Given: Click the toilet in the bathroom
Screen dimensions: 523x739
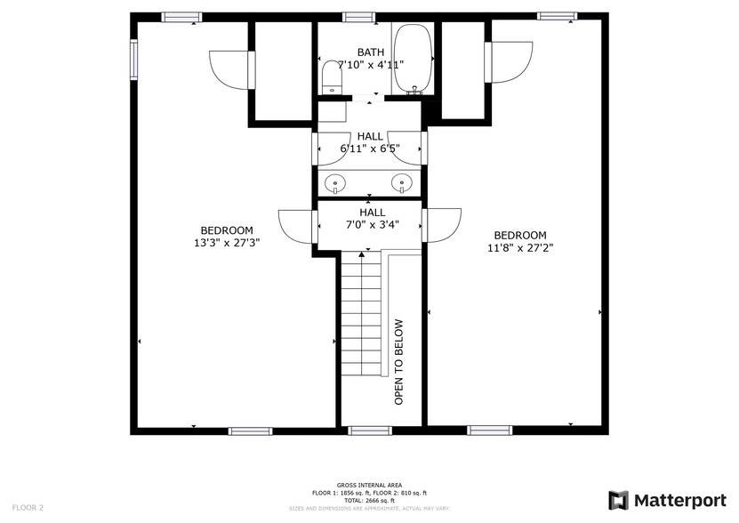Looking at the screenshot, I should [x=332, y=76].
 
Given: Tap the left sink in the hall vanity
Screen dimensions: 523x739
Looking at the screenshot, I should [x=336, y=183].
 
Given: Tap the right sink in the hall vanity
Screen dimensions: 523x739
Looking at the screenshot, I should [x=402, y=183].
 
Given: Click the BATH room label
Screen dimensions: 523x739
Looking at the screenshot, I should [x=371, y=52].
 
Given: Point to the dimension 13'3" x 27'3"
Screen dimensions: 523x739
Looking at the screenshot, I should [x=227, y=242].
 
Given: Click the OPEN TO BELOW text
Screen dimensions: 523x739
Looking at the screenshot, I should [x=399, y=362].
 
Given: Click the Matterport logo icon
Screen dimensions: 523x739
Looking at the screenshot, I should [x=618, y=500].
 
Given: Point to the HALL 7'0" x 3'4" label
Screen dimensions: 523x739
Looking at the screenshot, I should [x=372, y=219].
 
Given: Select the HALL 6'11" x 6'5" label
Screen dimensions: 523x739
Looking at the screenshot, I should [x=370, y=142].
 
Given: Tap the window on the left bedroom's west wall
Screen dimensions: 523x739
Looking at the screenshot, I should [x=134, y=59].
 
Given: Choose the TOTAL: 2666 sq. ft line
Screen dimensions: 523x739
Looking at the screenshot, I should [x=369, y=500].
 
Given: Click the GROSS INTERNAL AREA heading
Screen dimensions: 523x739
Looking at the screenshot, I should [x=369, y=486].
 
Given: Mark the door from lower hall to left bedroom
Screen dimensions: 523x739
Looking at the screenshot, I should [x=298, y=224].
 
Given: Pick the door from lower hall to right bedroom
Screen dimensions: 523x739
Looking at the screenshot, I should [x=442, y=224].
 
